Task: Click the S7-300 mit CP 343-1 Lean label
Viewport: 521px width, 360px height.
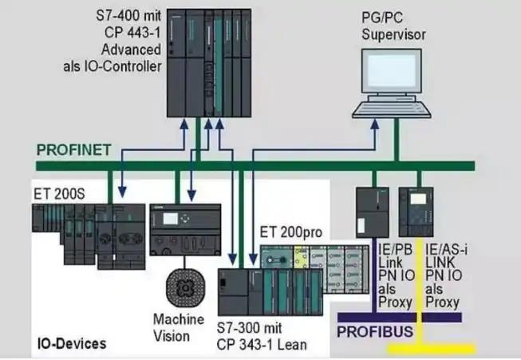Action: click(x=262, y=338)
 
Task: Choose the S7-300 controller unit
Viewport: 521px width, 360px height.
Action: click(x=271, y=292)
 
